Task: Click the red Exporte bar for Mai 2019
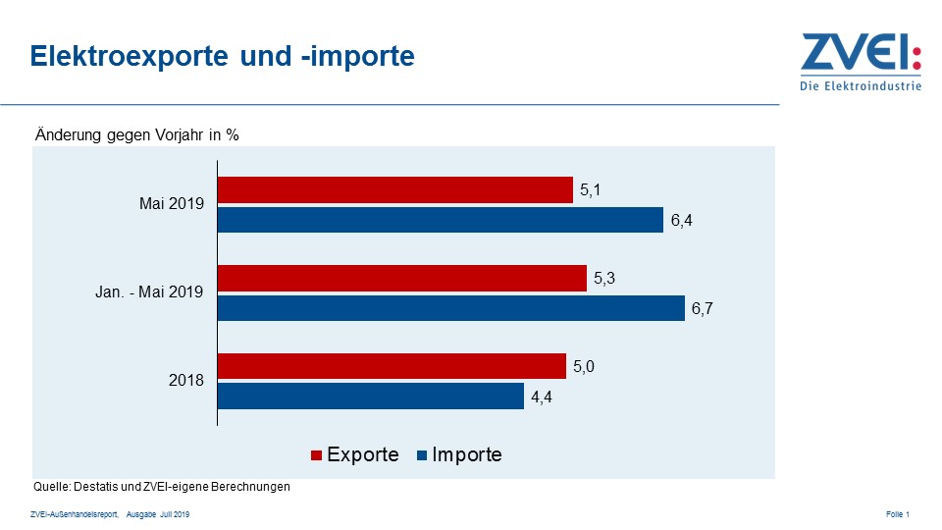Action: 394,189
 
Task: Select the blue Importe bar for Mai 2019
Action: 440,220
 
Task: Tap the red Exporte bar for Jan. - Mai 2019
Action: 401,279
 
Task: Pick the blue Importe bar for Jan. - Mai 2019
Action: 450,308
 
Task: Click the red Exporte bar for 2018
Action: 392,366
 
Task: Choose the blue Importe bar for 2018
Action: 370,397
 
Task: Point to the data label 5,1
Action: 590,190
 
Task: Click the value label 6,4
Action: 681,221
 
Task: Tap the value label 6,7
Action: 702,309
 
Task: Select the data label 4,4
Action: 542,397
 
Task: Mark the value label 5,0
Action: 584,367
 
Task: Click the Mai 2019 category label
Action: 171,204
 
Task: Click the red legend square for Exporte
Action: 316,455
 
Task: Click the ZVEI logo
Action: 861,61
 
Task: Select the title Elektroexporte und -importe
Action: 223,56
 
